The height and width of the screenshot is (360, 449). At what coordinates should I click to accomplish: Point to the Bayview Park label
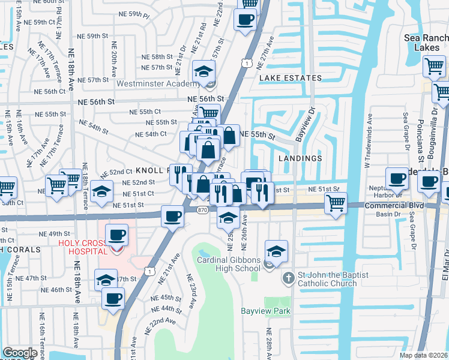265,311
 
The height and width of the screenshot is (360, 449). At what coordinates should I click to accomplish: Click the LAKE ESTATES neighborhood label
290,78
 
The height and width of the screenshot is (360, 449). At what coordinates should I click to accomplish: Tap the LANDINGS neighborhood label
300,158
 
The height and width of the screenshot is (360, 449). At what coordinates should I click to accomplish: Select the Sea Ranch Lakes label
426,42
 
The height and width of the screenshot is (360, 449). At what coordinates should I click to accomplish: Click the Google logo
20,353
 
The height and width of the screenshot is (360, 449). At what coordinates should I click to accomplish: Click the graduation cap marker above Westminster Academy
204,71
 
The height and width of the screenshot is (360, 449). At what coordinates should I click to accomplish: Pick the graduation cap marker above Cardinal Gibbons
276,250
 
